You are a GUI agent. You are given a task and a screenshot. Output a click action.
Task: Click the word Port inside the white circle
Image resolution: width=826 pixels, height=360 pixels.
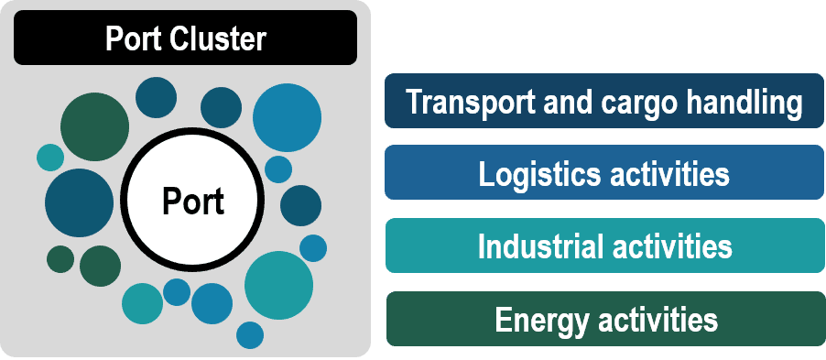click(193, 201)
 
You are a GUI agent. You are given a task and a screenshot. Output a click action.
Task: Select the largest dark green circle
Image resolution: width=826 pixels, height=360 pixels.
click(94, 127)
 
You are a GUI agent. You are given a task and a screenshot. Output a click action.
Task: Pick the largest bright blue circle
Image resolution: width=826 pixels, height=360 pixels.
click(287, 117)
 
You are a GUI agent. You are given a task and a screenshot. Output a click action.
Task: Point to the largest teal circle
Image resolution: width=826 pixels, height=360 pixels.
click(279, 285)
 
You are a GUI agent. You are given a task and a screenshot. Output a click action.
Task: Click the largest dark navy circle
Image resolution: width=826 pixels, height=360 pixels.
click(79, 203)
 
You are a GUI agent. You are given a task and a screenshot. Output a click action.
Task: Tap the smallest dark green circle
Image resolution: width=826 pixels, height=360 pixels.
click(60, 259)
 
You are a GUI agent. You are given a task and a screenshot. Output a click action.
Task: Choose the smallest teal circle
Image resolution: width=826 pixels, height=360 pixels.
click(49, 158)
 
